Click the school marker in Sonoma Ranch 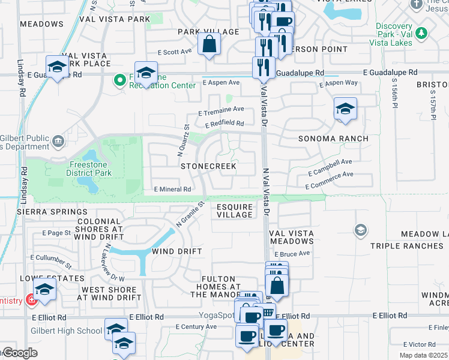point(345,109)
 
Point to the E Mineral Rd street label point(172,189)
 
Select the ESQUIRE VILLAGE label point(234,211)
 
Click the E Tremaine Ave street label point(221,110)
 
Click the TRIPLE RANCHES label point(406,246)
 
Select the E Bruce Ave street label point(291,254)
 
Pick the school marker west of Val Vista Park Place point(57,67)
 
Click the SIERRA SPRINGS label point(52,212)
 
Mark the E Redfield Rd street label point(224,124)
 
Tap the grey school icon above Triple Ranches point(360,230)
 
